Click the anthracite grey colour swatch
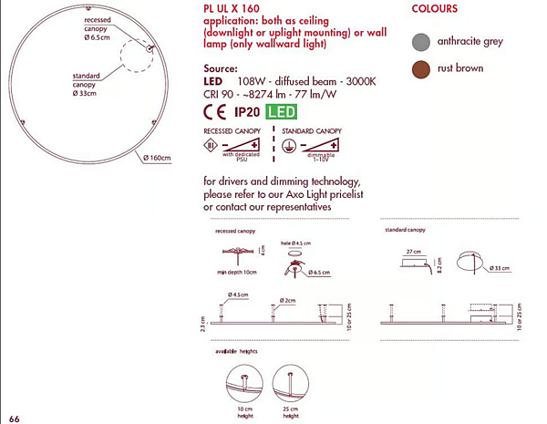[420, 41]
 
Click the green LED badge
[282, 113]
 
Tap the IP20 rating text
[248, 113]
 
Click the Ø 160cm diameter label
[157, 158]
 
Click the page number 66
[14, 417]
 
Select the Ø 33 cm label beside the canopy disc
[500, 268]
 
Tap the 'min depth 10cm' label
[236, 273]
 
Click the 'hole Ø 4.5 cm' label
[298, 241]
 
